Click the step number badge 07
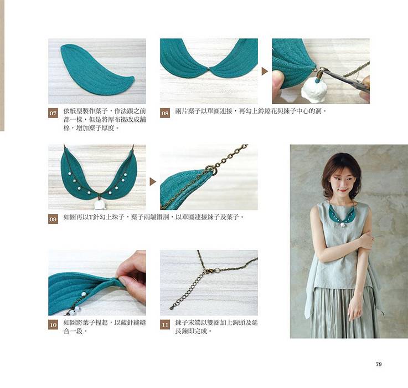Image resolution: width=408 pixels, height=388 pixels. pos(53,113)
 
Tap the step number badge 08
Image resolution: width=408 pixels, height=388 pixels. pos(165,113)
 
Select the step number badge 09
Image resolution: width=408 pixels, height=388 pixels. pos(53,219)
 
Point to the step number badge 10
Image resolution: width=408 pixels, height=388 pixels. pos(53,325)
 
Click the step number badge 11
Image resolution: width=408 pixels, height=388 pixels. pos(165,325)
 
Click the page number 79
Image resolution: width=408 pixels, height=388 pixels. pos(379,364)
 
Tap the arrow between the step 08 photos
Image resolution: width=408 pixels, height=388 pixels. pos(265,71)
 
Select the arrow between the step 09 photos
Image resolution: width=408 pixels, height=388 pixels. pos(153,182)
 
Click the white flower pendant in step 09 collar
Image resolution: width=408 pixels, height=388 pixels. pos(100,205)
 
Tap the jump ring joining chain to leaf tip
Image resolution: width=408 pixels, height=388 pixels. pos(211,170)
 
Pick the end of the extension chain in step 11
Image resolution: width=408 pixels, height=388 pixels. pos(171,308)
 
